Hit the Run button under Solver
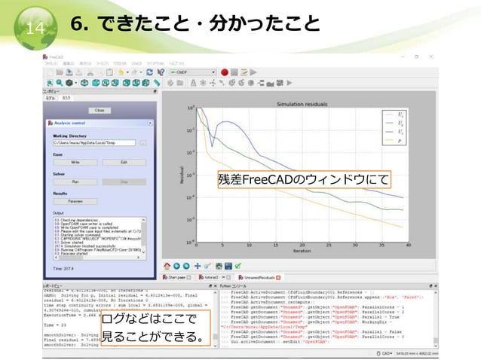point(75,182)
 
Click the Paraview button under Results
point(75,201)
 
